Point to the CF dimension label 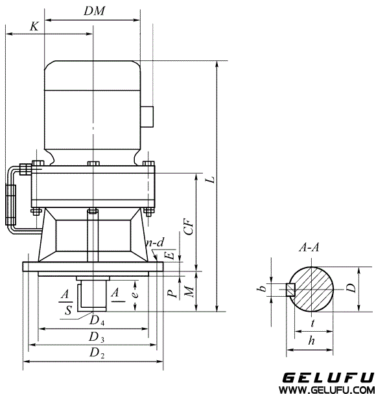188,226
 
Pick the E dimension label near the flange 170,255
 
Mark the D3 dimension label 96,337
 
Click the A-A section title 309,247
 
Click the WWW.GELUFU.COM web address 328,389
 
